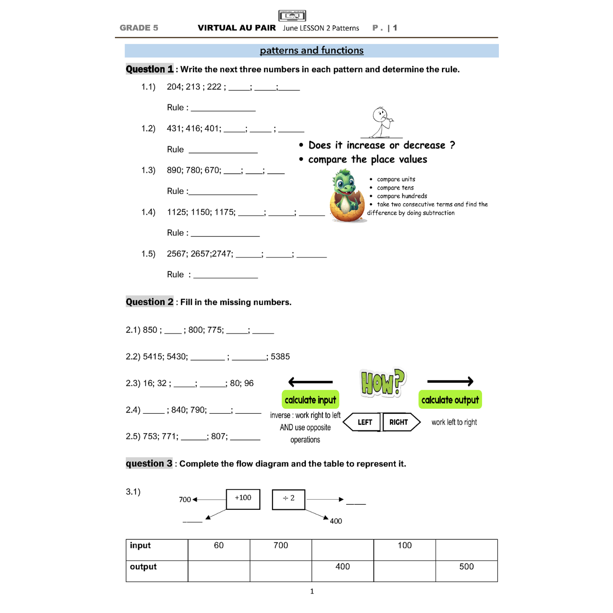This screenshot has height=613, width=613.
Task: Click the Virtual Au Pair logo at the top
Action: [292, 16]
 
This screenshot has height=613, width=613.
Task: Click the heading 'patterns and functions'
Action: [311, 51]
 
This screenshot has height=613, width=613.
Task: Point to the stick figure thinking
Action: [381, 122]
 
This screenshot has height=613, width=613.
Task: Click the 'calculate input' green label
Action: [310, 400]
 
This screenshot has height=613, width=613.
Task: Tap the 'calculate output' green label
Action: [450, 400]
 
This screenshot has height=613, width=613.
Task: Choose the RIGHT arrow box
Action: [400, 422]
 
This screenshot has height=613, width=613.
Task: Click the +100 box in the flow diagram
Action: [243, 499]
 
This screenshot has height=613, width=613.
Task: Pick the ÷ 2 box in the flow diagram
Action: [289, 499]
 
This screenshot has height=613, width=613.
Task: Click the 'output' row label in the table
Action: [143, 567]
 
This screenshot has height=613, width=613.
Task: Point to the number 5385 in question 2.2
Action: [280, 357]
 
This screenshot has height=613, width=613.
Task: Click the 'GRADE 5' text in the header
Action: [139, 28]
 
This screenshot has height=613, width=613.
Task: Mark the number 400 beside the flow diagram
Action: [336, 521]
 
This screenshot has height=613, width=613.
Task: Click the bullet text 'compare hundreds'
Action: [402, 196]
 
